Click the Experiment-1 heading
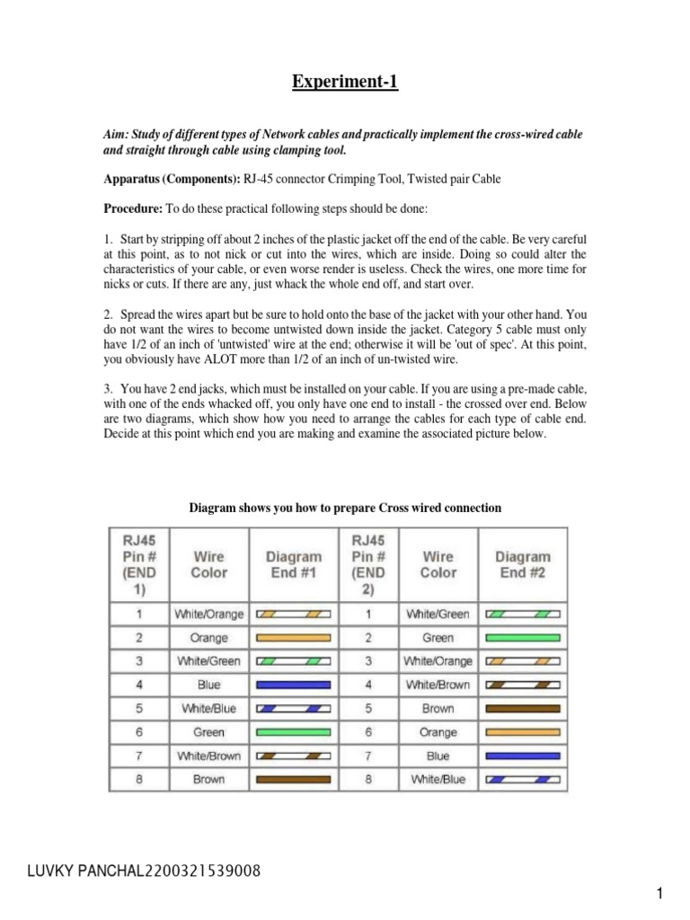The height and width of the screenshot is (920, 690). pos(344,84)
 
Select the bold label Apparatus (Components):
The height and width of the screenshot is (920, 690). pos(171,179)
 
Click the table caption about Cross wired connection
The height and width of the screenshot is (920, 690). pos(345,508)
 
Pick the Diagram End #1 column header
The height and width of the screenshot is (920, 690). pos(294,564)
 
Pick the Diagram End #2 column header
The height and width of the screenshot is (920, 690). pos(523,564)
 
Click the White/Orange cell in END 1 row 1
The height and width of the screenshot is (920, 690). pos(208,615)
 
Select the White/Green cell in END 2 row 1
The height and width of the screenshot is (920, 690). pos(438,615)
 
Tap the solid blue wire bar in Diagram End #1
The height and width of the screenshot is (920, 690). pos(294,685)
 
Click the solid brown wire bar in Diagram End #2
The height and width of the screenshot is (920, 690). pos(523,708)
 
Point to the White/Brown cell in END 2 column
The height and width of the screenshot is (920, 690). pos(438,685)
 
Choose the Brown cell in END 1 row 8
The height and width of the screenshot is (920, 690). pos(208,779)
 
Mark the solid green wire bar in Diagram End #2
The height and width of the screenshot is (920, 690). pos(523,638)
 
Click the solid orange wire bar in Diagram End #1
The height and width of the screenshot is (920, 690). pos(294,638)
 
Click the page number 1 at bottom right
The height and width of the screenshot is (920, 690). pos(659,893)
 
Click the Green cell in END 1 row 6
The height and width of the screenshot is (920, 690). pos(208,732)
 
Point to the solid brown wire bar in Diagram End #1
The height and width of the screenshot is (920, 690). pos(294,779)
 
